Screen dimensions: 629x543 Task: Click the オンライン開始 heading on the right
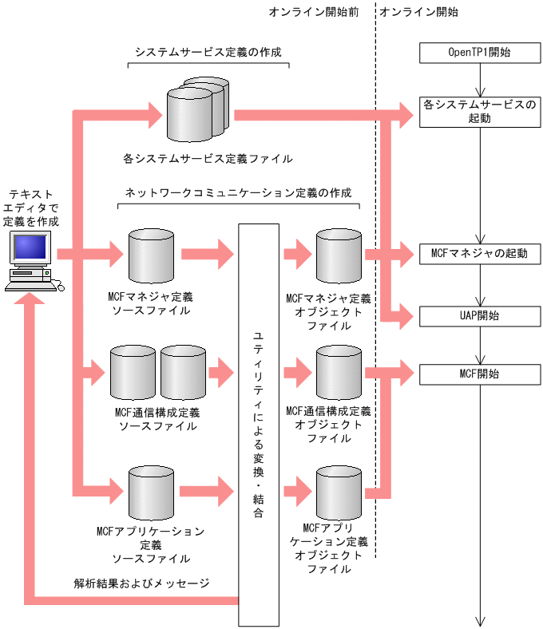418,12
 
